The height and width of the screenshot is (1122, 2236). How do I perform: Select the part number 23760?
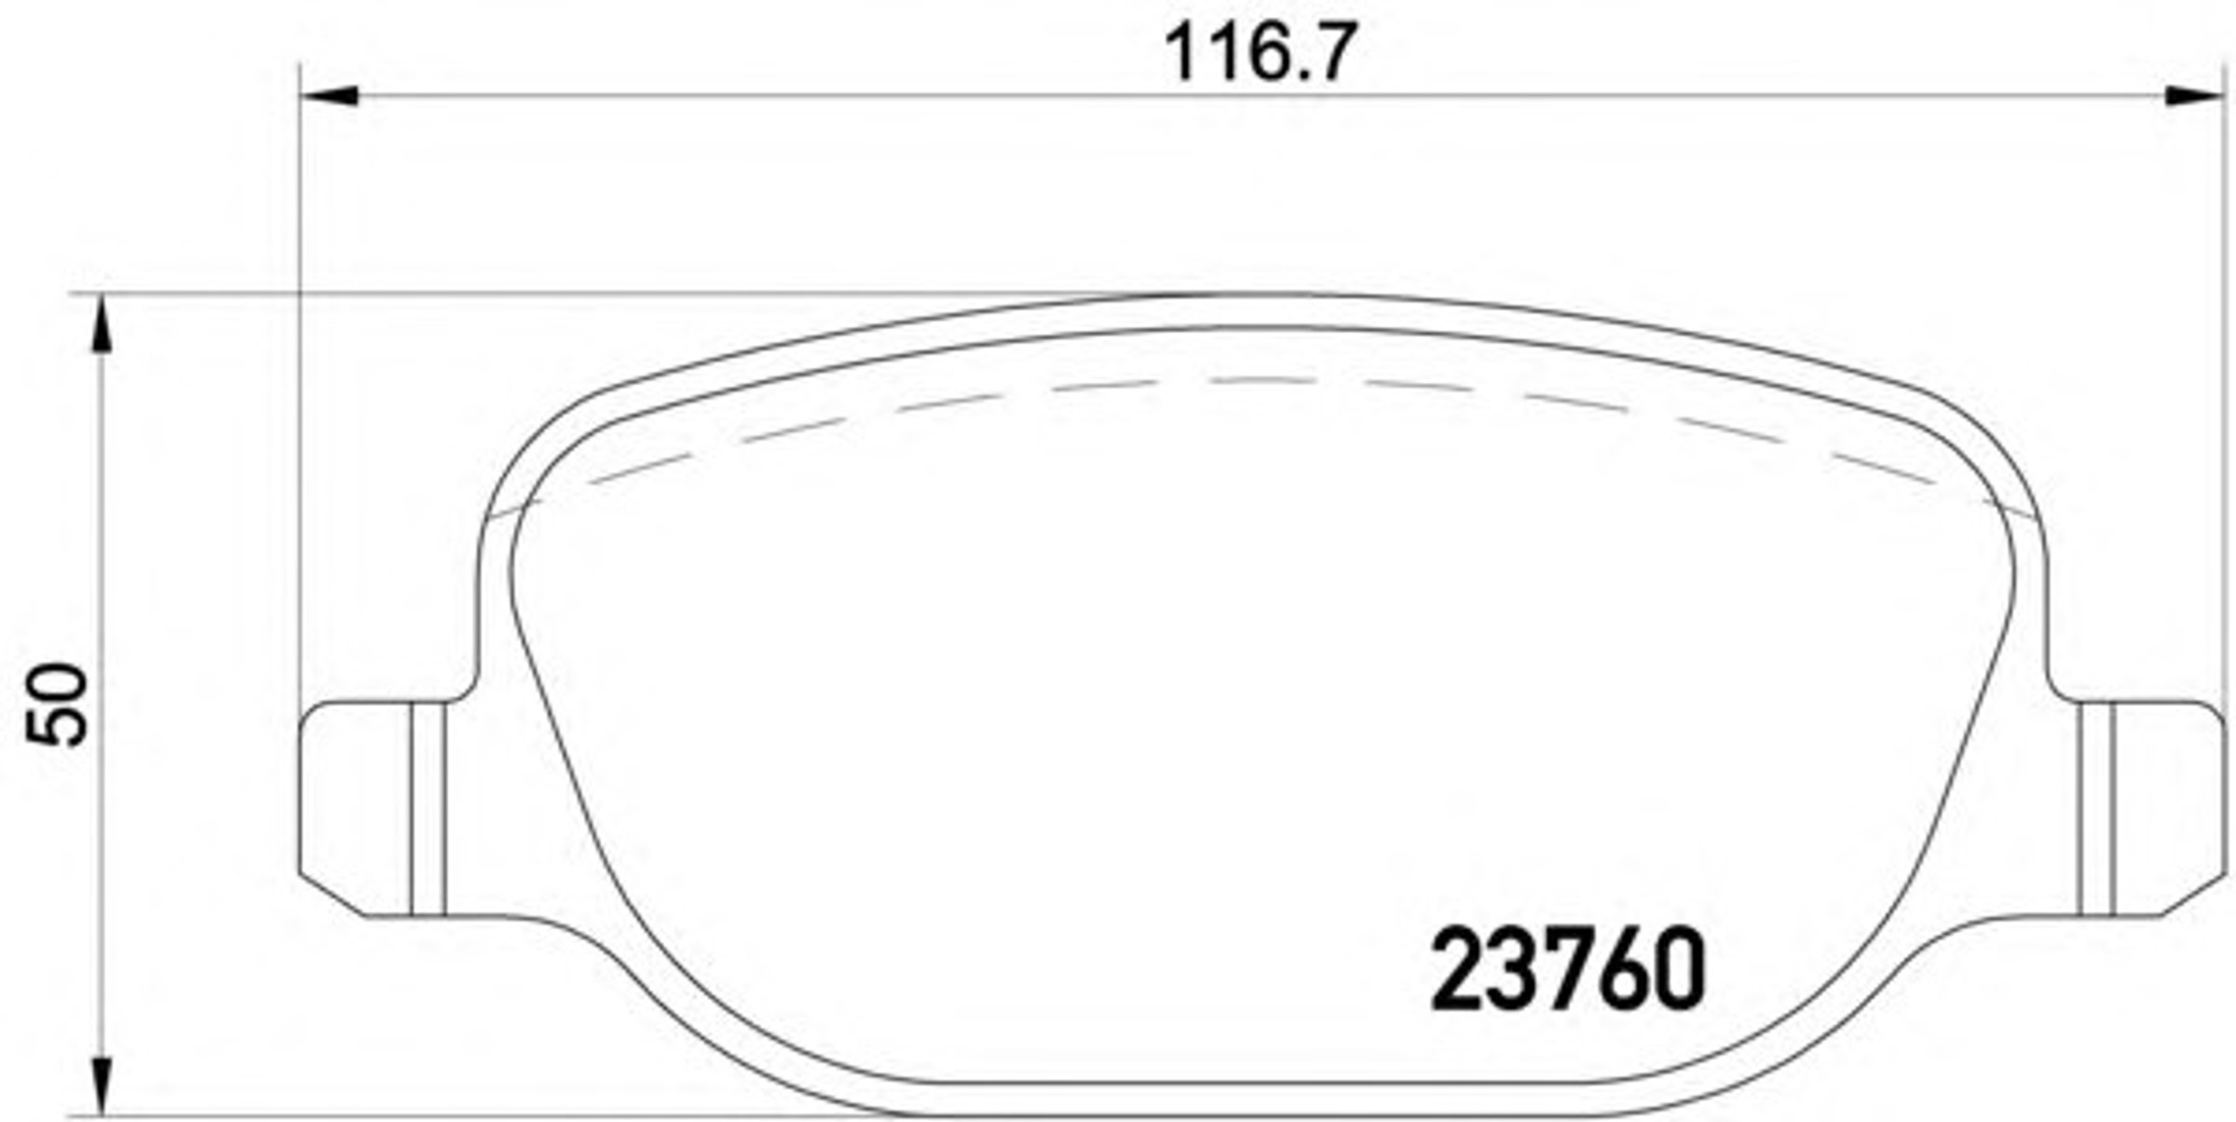pos(1568,971)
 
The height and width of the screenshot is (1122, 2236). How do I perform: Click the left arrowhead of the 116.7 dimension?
pos(330,95)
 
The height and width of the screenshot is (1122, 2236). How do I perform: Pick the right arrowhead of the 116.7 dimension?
pos(2193,95)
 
